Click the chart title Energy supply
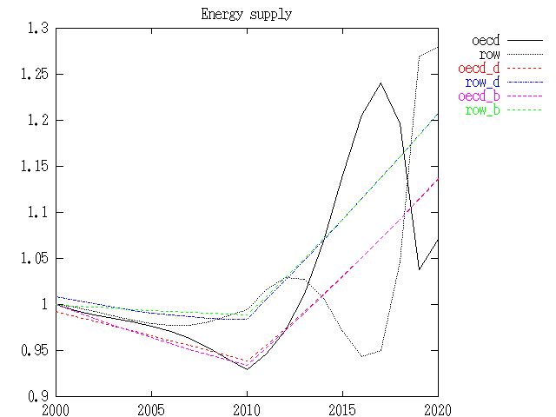(x=247, y=15)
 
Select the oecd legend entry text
(x=486, y=41)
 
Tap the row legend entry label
(x=489, y=55)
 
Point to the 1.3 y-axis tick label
(x=38, y=29)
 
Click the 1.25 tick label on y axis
(x=35, y=75)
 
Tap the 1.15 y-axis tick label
(x=35, y=167)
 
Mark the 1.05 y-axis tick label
(x=35, y=259)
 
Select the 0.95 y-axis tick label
(x=35, y=351)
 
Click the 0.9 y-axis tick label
(x=38, y=397)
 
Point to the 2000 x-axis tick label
(x=56, y=409)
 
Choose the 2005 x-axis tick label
(x=152, y=409)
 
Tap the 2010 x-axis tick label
(x=247, y=409)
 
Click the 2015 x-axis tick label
(x=342, y=409)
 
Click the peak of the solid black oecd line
(x=381, y=83)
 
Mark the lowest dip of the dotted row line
(x=362, y=356)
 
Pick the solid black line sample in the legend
(x=524, y=41)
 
